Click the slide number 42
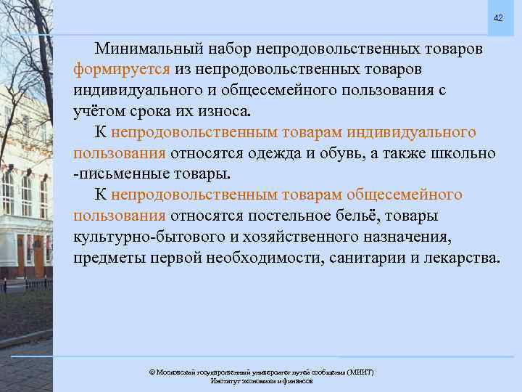point(497,17)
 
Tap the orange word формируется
point(122,70)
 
